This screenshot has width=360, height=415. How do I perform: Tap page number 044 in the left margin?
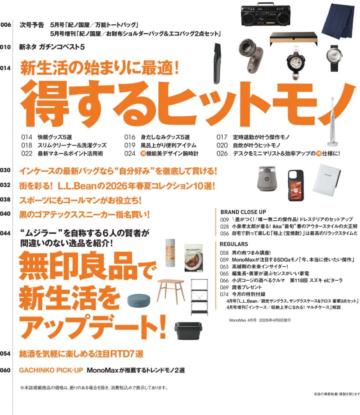5,233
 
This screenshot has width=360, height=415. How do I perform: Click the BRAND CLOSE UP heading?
243,212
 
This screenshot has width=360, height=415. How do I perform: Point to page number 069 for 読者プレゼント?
224,287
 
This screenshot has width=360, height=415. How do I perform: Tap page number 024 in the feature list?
130,153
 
